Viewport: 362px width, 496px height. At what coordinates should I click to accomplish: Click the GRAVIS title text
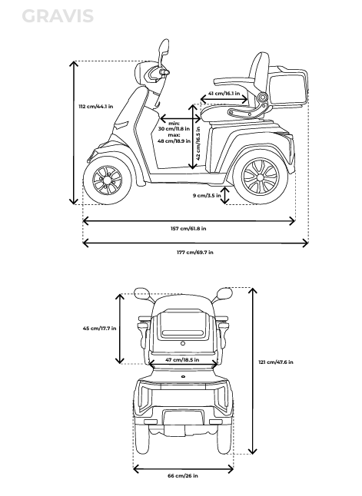tap(58, 16)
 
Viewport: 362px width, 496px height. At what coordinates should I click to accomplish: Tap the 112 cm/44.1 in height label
tap(96, 106)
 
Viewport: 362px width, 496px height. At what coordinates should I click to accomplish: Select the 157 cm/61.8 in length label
tap(188, 228)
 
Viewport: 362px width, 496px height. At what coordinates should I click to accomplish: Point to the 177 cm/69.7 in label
tap(195, 252)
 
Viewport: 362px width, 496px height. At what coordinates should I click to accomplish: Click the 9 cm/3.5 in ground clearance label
tap(207, 196)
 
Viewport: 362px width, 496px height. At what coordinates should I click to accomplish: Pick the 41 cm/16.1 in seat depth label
tap(224, 94)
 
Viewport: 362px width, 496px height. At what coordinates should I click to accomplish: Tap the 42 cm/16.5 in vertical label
tap(198, 144)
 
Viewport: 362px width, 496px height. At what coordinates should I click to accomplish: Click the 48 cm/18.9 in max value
tap(174, 141)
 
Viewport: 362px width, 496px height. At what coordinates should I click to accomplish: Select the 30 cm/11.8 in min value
tap(174, 129)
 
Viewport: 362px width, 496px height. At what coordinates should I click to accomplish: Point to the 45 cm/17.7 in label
tap(99, 329)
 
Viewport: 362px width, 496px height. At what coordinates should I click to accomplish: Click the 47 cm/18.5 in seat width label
tap(182, 359)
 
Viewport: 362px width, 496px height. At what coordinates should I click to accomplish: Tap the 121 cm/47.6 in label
tap(276, 362)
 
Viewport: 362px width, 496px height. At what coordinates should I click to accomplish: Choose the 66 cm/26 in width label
tap(183, 475)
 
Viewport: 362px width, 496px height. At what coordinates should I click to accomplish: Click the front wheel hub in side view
tap(108, 180)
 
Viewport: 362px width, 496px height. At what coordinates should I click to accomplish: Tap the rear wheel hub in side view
tap(260, 177)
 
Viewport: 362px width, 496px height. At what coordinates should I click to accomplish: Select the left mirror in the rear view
tap(141, 293)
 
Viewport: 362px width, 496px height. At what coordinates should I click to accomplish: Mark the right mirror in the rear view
tap(224, 293)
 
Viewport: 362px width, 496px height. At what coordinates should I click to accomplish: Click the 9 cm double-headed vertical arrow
tap(225, 196)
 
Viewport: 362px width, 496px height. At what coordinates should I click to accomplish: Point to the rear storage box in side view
tap(287, 88)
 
